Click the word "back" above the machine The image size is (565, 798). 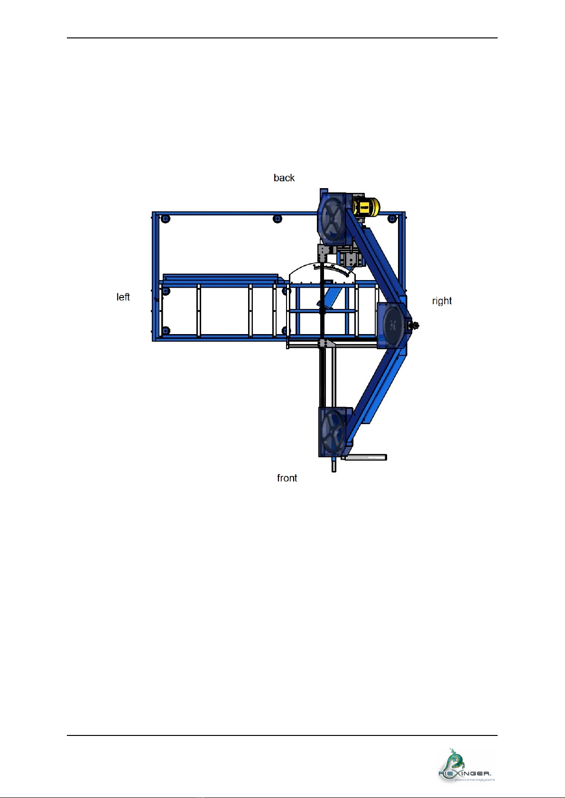pyautogui.click(x=284, y=178)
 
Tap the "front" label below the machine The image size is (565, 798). pyautogui.click(x=287, y=478)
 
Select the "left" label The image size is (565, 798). pyautogui.click(x=123, y=297)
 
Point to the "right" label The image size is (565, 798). pyautogui.click(x=442, y=301)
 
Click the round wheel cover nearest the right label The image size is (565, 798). pyautogui.click(x=393, y=325)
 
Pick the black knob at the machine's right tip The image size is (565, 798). pyautogui.click(x=415, y=325)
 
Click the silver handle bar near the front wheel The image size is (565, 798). pyautogui.click(x=364, y=457)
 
